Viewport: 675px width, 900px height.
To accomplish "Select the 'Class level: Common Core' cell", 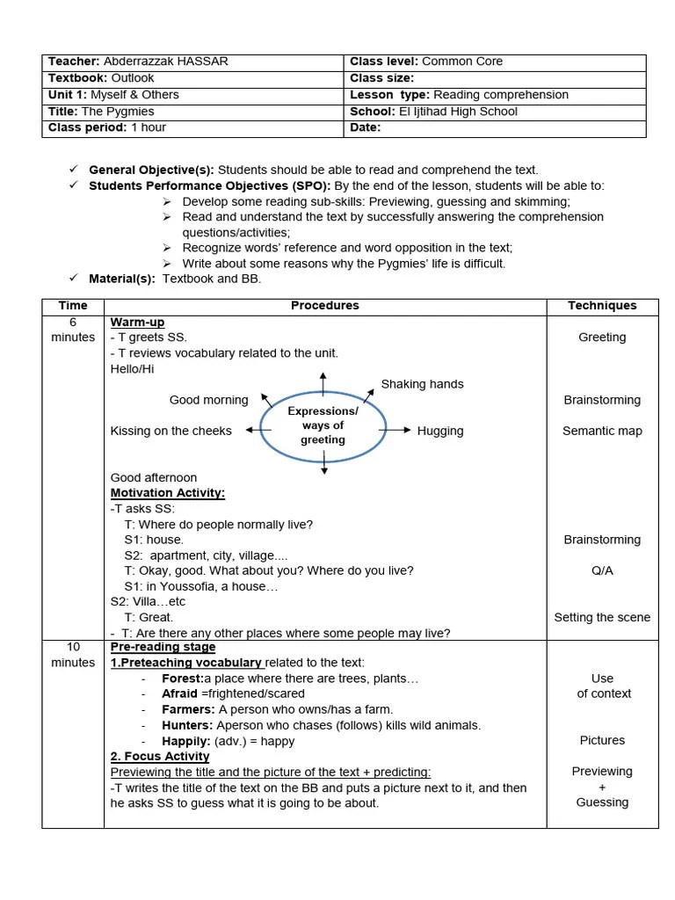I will tap(426, 62).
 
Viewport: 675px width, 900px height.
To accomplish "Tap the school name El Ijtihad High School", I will tap(457, 112).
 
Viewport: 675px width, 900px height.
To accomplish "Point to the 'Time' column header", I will tap(73, 306).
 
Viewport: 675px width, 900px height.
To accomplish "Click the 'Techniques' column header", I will tap(602, 306).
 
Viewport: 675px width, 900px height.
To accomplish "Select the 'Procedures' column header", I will tap(324, 306).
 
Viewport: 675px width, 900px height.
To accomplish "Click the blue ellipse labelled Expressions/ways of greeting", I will tap(323, 426).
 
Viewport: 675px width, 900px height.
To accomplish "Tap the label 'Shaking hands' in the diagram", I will tap(422, 384).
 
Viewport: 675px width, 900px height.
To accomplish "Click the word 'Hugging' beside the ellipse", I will tap(440, 431).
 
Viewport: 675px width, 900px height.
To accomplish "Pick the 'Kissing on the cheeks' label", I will tap(171, 431).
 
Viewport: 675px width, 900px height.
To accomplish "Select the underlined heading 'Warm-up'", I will tap(137, 323).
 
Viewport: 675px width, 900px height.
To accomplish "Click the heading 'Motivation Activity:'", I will tap(168, 493).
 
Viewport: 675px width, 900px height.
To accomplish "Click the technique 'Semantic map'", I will tap(602, 431).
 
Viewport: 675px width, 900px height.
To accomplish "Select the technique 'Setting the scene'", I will tap(602, 617).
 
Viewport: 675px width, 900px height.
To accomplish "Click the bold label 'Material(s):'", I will tap(122, 279).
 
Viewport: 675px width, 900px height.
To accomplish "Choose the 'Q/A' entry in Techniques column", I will tap(602, 570).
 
